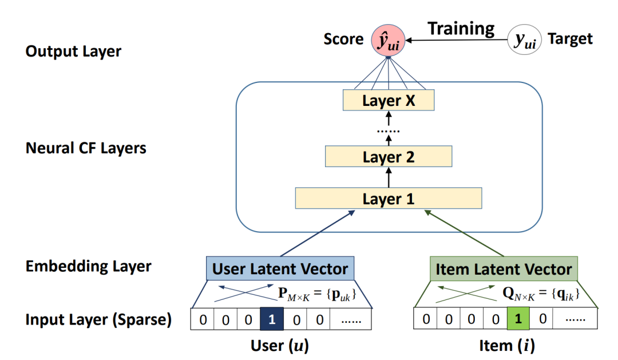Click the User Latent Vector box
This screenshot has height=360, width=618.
(x=280, y=268)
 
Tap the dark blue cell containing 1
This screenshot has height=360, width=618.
(x=272, y=319)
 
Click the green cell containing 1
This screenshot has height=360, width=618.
(x=518, y=319)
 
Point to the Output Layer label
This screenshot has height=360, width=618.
(x=73, y=52)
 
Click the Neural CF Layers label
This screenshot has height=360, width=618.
(x=86, y=148)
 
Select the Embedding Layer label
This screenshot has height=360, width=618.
(x=88, y=266)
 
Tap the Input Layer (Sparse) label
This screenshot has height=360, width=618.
(x=98, y=319)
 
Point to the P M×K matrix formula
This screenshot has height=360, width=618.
(x=318, y=294)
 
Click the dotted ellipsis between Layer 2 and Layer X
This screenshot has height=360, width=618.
(x=389, y=131)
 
